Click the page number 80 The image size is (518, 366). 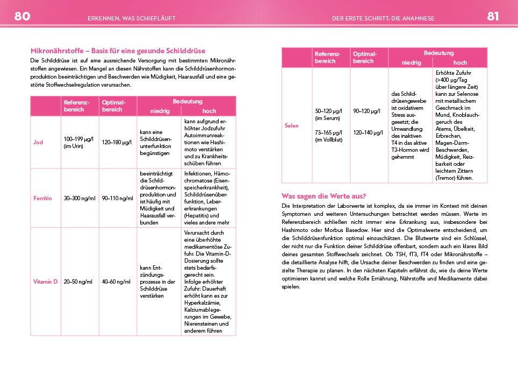point(22,16)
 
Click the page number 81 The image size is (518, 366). point(493,16)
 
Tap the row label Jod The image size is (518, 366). point(38,142)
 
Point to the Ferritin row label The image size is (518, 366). point(42,198)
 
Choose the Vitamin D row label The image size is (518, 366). point(45,281)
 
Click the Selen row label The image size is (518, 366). point(291,126)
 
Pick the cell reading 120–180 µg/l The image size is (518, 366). point(117,142)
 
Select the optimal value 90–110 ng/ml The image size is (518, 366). point(117,198)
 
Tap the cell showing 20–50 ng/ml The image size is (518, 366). point(78,281)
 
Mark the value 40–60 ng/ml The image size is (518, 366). point(116,281)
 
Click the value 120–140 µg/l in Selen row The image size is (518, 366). point(368,132)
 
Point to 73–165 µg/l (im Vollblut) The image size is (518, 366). point(329,136)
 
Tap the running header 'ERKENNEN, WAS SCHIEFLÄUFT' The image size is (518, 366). point(131,18)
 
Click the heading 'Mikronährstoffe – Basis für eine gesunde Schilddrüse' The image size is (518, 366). point(118,51)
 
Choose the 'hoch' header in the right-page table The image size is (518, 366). point(460,63)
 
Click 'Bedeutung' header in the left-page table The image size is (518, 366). point(186,102)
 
